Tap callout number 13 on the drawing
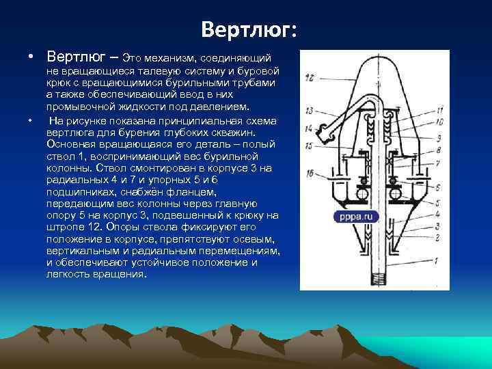point(310,111)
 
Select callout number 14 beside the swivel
point(310,128)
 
